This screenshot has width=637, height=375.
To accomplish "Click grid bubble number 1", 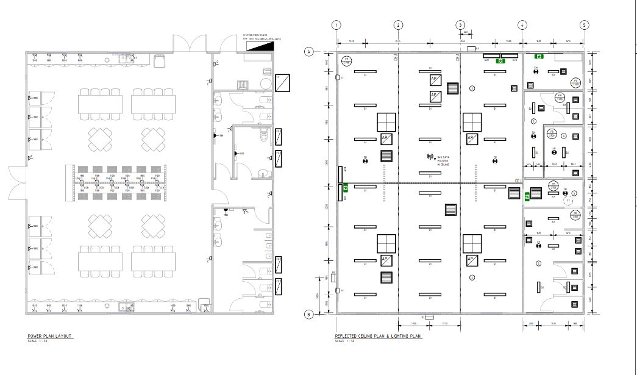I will (x=336, y=25).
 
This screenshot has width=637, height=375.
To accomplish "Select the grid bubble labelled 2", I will (x=398, y=25).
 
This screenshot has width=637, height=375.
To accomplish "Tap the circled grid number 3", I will (x=460, y=25).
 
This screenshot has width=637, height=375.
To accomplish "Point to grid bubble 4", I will (x=522, y=25).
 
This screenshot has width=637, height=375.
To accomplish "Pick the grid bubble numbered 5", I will (x=585, y=25).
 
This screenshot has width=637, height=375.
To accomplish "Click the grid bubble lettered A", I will (x=309, y=52).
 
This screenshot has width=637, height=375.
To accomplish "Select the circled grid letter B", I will (x=309, y=315).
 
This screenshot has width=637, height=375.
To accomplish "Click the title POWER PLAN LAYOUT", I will (x=50, y=336).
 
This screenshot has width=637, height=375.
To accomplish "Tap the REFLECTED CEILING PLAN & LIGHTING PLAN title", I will (x=377, y=336).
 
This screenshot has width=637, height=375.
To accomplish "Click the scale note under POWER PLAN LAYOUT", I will (x=37, y=341).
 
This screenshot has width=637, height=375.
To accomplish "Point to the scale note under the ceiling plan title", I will (x=344, y=341).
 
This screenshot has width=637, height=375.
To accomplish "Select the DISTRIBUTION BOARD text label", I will (x=255, y=35).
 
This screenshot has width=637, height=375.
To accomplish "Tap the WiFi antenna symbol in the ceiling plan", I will (x=430, y=158).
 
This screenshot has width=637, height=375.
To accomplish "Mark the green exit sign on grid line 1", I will (x=345, y=188).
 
